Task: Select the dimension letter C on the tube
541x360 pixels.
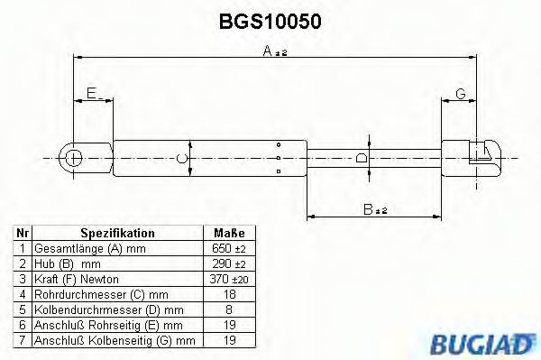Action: pos(181,159)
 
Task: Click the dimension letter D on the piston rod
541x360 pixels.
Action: pos(362,159)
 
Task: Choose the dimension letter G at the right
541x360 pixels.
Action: pos(460,93)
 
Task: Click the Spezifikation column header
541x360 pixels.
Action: pos(117,233)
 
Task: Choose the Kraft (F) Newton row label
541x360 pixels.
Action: pos(76,279)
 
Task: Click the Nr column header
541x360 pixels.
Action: pos(23,233)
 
